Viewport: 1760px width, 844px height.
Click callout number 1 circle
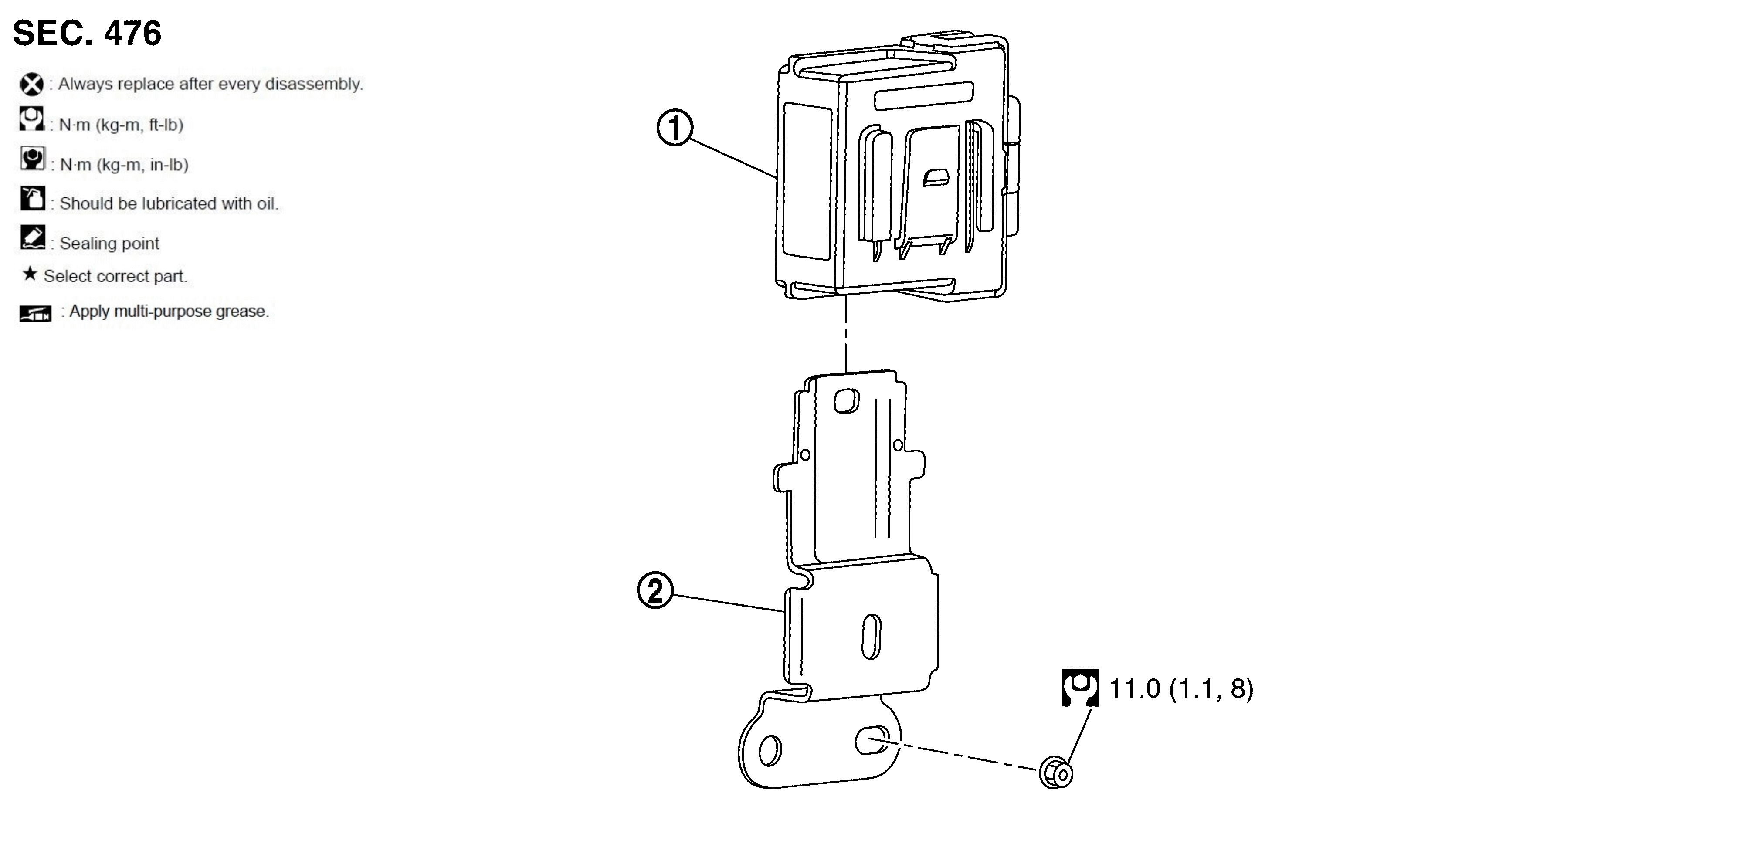(x=675, y=128)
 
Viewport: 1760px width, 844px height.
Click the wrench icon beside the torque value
(x=1080, y=688)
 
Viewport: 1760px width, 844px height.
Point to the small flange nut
(x=1055, y=773)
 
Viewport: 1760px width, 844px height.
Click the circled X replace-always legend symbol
(x=31, y=85)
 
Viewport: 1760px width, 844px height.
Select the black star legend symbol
(x=29, y=274)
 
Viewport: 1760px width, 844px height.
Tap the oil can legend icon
(x=33, y=198)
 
